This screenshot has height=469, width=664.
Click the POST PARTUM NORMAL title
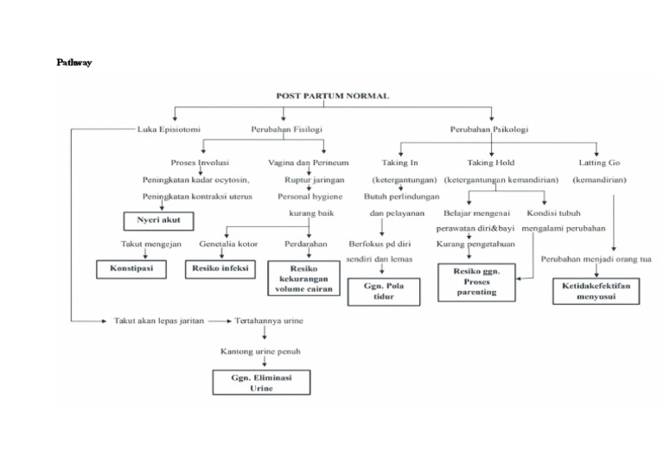(333, 96)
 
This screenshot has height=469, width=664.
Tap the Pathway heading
(74, 62)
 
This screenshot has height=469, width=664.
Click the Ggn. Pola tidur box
(384, 291)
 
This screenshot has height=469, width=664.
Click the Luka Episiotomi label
(169, 130)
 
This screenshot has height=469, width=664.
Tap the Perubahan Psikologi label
(489, 130)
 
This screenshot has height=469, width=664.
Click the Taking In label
(399, 162)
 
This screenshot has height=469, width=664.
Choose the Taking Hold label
(491, 162)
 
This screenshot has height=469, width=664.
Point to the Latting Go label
(599, 162)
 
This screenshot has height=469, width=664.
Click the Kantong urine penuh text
(261, 352)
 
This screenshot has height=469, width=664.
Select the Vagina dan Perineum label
(309, 162)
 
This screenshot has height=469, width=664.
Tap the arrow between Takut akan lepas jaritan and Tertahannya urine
(219, 320)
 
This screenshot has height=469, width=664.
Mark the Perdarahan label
(305, 244)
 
